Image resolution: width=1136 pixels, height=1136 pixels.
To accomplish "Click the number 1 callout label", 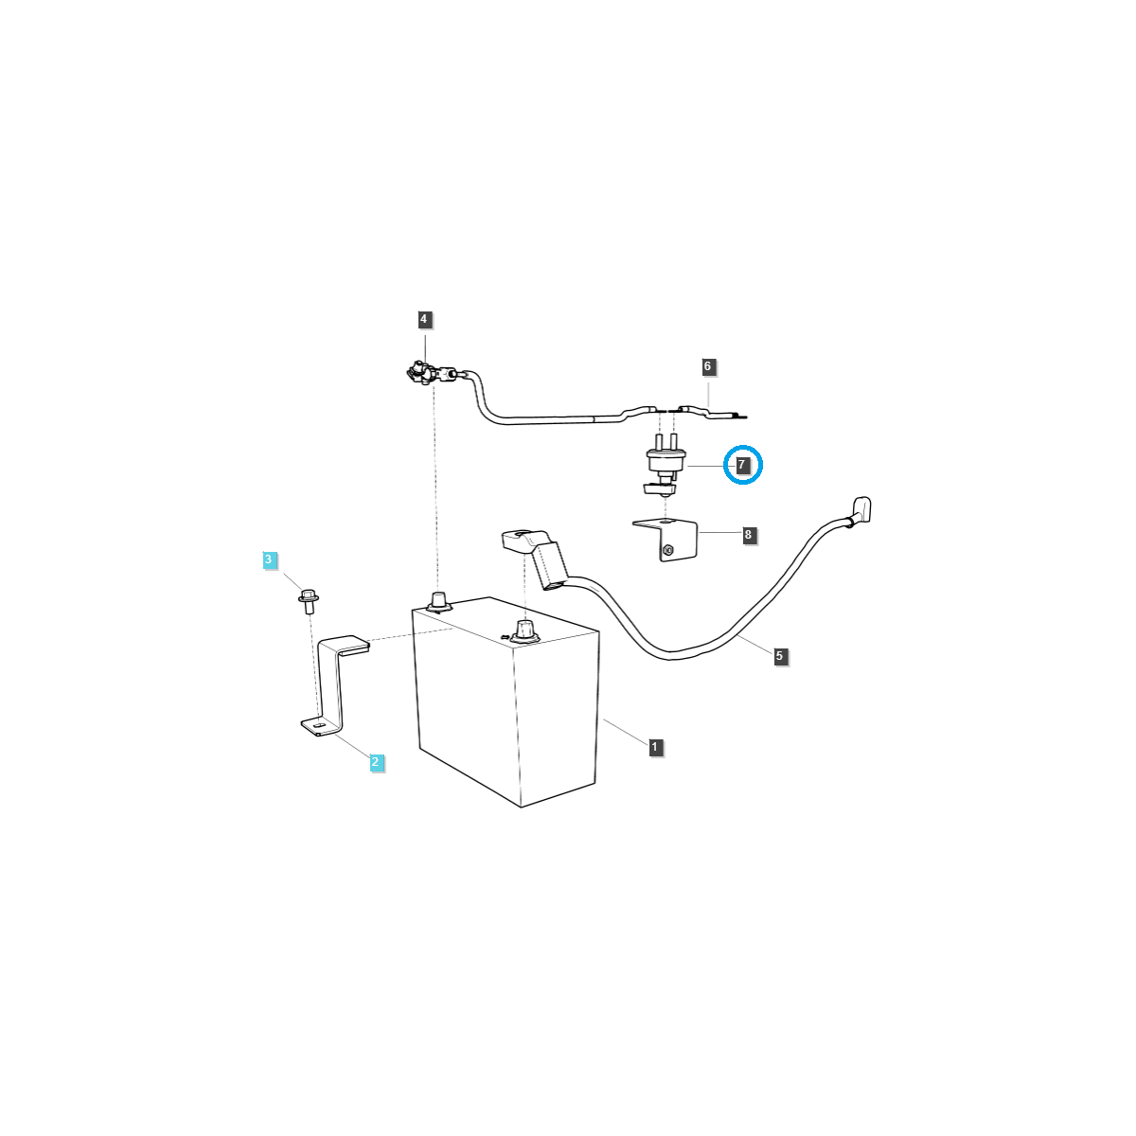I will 654,748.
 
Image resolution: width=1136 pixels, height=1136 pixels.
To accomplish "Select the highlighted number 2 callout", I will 376,762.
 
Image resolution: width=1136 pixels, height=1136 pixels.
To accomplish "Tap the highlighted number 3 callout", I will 269,560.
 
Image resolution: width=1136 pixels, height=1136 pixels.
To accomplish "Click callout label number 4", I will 424,320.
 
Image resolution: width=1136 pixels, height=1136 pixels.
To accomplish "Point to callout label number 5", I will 779,655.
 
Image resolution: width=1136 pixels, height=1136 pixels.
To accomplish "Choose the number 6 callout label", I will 707,366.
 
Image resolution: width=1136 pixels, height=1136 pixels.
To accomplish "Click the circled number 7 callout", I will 742,465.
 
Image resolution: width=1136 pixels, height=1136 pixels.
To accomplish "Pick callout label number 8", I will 749,536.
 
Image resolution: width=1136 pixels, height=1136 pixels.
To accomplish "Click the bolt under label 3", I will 308,600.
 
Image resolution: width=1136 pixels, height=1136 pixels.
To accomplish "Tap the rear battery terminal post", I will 438,600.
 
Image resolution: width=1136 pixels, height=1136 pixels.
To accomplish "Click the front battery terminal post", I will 524,630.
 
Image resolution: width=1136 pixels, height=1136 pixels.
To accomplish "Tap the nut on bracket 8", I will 668,550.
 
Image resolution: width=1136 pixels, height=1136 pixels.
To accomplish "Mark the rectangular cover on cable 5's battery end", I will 550,565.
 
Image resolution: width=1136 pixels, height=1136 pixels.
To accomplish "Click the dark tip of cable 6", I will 737,416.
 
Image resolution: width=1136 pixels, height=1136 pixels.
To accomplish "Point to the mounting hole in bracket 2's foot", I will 318,726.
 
